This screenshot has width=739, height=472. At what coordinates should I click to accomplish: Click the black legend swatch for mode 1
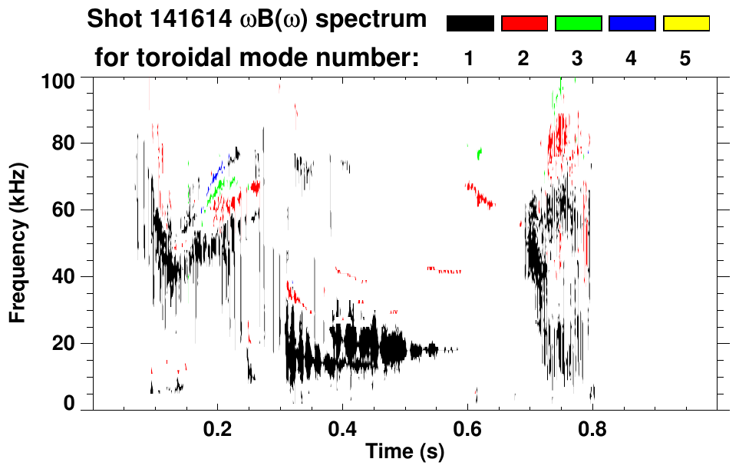point(470,24)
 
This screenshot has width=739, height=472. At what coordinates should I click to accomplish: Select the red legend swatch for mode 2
point(524,24)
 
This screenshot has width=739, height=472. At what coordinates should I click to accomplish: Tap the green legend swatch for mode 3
point(578,24)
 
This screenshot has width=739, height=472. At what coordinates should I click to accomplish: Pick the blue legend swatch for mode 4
point(632,24)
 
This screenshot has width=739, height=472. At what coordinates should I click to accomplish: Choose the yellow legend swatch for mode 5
point(685,24)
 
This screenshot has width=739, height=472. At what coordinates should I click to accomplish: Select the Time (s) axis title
point(404,453)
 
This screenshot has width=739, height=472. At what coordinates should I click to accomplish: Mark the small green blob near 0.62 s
point(480,153)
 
